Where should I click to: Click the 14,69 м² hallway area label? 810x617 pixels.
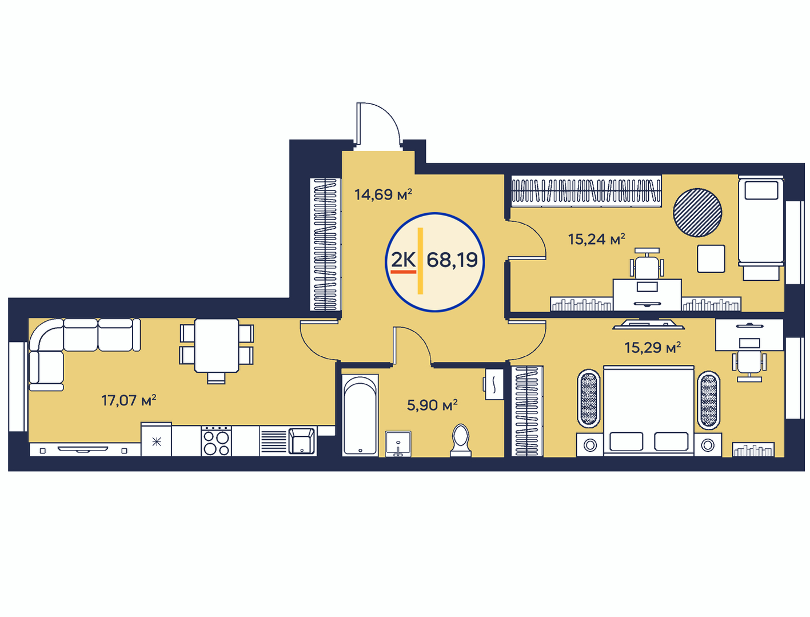click(x=383, y=194)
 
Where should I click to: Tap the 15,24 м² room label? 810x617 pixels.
click(x=596, y=239)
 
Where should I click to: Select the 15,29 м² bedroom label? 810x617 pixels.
click(x=652, y=348)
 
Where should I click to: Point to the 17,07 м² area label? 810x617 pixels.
click(x=129, y=400)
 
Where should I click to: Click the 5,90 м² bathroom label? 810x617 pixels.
click(x=432, y=405)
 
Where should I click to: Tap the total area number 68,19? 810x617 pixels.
click(x=452, y=260)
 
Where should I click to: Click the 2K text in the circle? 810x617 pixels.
click(x=404, y=260)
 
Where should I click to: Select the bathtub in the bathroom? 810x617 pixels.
click(x=360, y=415)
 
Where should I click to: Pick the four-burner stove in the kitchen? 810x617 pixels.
click(x=216, y=441)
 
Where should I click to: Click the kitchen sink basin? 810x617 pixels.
click(x=301, y=441)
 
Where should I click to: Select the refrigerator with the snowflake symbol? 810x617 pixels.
click(x=156, y=439)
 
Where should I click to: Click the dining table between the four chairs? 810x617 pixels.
click(x=217, y=345)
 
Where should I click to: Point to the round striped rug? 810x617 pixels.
click(x=697, y=213)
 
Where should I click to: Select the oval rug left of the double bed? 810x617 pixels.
click(x=588, y=399)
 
